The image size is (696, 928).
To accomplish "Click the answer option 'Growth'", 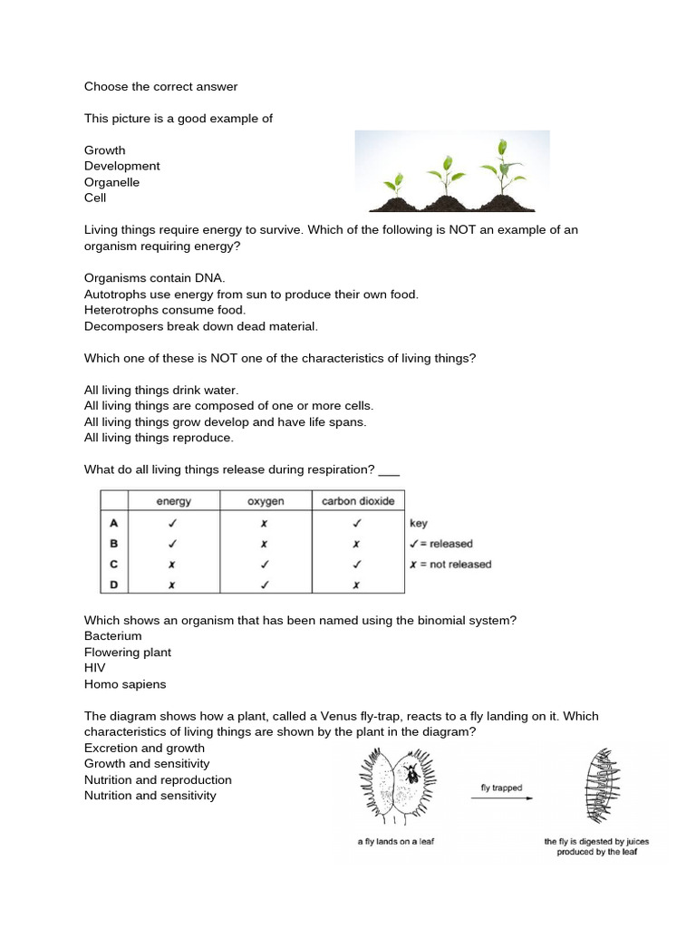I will point(105,150).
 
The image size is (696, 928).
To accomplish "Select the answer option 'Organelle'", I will point(112,182).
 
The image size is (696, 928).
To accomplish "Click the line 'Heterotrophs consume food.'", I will point(165,310).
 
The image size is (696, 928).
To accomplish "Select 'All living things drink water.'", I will point(161,390).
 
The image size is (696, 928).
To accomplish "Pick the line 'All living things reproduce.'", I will point(159,438).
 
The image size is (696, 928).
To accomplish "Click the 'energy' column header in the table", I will point(174,501).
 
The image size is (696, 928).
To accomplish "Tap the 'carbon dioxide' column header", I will point(358,501).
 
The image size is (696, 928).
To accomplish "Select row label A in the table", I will point(113,523).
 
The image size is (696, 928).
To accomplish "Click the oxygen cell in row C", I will point(264,564).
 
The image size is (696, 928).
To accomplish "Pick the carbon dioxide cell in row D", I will point(357,585).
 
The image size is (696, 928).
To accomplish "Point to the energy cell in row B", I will point(173,544).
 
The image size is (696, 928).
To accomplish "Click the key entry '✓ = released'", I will point(441,544).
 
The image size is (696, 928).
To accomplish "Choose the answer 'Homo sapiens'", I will point(125,684).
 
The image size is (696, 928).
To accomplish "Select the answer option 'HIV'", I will point(95,668).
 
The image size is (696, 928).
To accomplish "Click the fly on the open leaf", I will point(412,772).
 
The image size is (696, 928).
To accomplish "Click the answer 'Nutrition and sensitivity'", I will point(150,796).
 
